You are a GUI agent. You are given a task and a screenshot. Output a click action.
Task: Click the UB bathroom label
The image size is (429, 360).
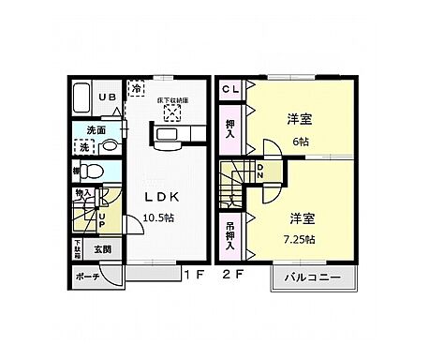[x=108, y=97]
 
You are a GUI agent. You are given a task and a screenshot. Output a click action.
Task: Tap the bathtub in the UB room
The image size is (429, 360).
[x=81, y=98]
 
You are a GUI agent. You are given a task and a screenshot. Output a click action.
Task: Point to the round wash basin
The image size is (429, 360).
[x=110, y=146]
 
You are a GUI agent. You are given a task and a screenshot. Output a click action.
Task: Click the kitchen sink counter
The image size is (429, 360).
[x=170, y=138]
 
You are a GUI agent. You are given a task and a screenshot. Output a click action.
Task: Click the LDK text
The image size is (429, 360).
[x=160, y=197]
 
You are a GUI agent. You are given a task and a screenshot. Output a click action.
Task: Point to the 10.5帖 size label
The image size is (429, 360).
[x=160, y=217]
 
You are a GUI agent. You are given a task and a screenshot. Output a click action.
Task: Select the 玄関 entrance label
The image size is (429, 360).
[x=101, y=249]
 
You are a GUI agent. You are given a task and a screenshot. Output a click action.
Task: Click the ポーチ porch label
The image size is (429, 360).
[x=88, y=277]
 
